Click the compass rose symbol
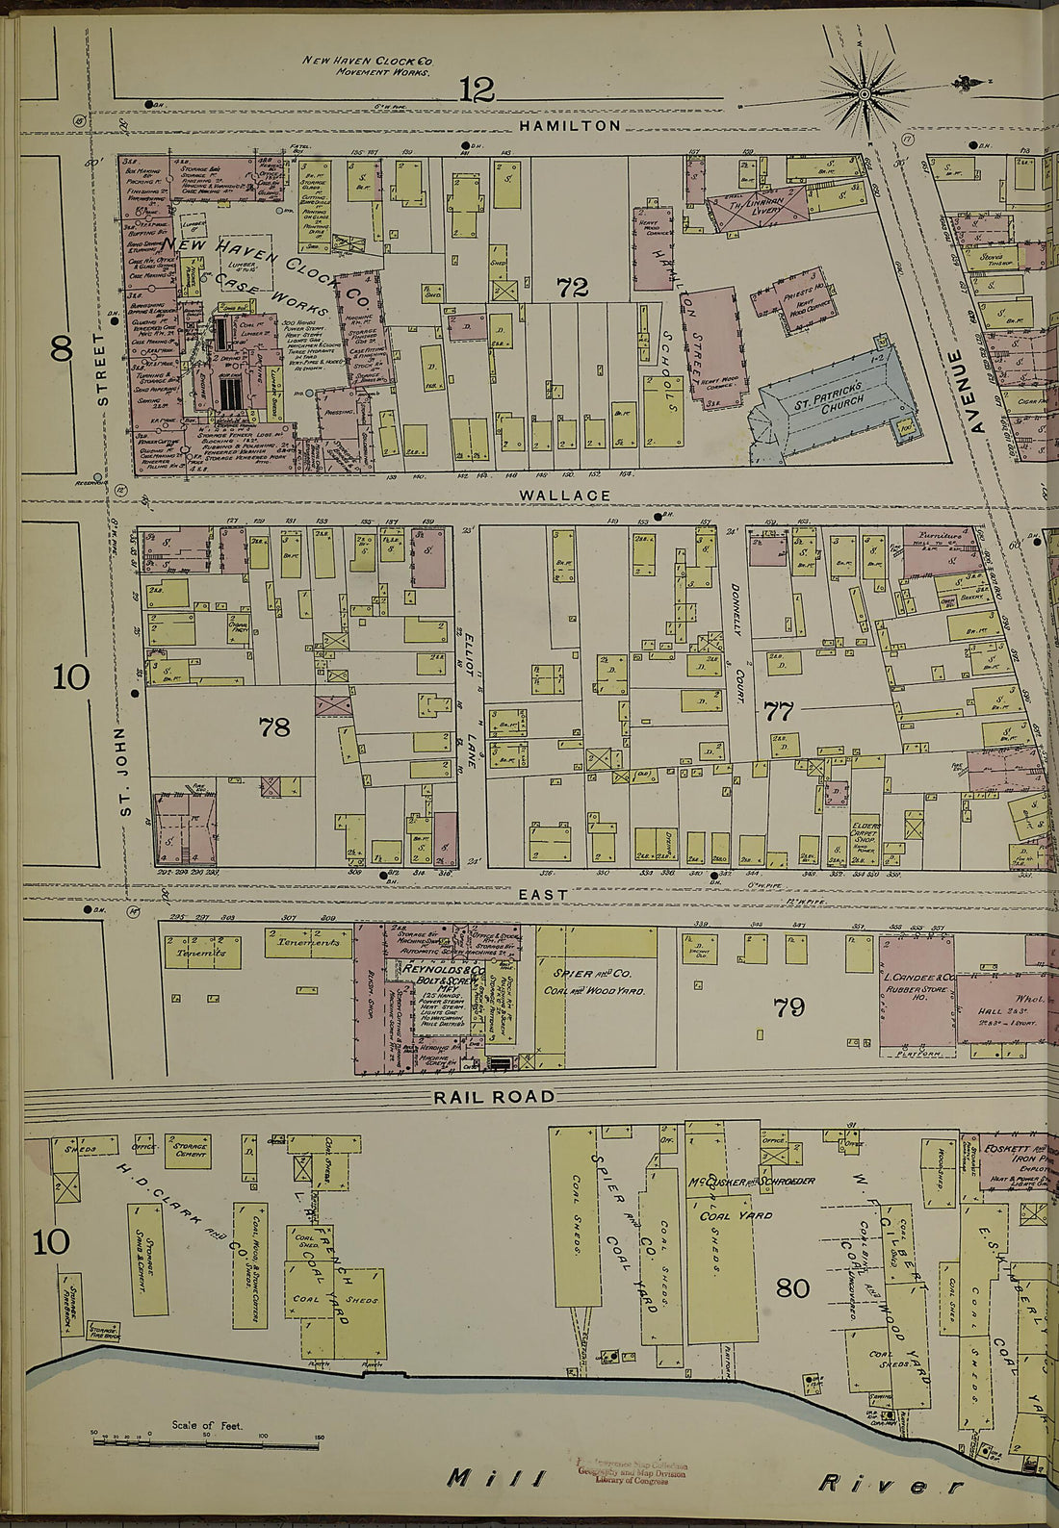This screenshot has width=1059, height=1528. (864, 93)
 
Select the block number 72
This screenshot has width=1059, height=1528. (572, 287)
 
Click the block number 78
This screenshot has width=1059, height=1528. (274, 726)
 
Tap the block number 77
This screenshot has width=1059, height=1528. (778, 712)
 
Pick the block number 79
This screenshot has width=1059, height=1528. (788, 1007)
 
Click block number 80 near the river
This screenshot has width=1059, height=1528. (792, 1286)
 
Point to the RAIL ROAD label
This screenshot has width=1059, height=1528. (494, 1096)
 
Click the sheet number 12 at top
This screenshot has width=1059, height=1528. (477, 90)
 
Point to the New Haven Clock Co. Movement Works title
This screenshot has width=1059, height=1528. (368, 65)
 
